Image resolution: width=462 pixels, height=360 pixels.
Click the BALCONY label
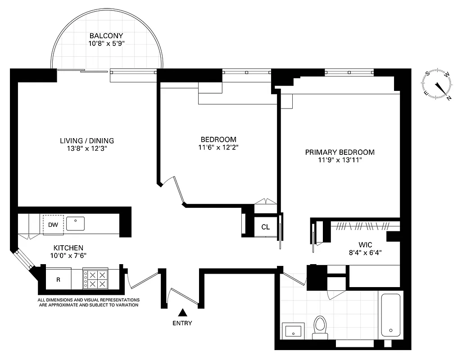click(x=106, y=36)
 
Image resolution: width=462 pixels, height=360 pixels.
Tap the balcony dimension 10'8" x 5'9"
click(x=106, y=44)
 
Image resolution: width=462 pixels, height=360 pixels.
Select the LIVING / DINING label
click(x=87, y=140)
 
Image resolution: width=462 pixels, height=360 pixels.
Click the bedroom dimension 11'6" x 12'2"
click(x=218, y=147)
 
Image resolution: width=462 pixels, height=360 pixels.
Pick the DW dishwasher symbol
click(x=53, y=225)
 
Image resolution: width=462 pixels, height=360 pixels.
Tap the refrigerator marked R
click(x=58, y=279)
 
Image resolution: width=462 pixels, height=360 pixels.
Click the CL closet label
click(x=266, y=227)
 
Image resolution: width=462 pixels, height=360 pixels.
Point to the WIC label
click(x=365, y=244)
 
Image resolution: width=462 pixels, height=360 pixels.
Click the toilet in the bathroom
click(x=320, y=327)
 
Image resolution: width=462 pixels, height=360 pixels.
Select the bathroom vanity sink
click(x=293, y=331)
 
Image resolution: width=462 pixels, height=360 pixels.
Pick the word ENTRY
click(x=182, y=323)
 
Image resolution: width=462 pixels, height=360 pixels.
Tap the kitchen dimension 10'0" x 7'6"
click(x=68, y=255)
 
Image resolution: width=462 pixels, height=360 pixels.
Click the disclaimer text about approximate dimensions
click(x=88, y=302)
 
